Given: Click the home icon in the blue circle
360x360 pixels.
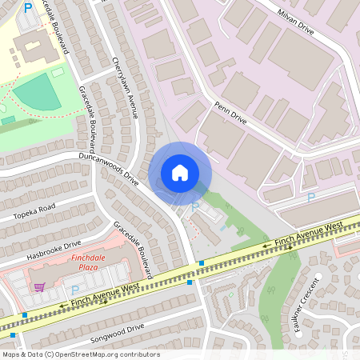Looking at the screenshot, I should pos(180,173).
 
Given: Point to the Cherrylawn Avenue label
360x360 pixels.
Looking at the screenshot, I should pos(126,88).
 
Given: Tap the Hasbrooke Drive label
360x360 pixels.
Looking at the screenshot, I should pos(54,250).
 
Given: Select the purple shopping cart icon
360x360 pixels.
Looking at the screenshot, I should pos(39,286).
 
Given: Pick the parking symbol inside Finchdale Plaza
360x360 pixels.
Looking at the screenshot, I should pos(75,290).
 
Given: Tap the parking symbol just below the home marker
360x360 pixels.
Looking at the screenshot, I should pos(195,206).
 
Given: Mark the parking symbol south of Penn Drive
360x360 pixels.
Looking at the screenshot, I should pos(311,197).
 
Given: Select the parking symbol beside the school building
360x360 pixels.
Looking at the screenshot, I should pos(29,9).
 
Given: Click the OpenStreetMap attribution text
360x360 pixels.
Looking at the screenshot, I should pos(81,354).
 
